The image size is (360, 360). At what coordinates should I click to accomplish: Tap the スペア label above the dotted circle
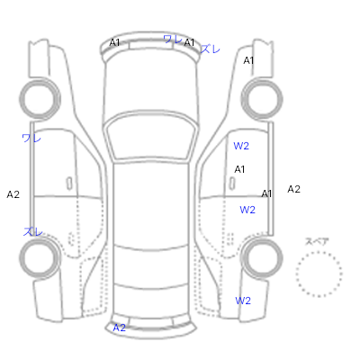pyautogui.click(x=317, y=241)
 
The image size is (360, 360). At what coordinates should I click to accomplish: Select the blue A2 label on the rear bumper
pyautogui.click(x=119, y=328)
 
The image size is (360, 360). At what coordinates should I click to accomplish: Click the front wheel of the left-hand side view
pyautogui.click(x=40, y=79)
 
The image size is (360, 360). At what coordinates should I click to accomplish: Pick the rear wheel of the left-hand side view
pyautogui.click(x=40, y=239)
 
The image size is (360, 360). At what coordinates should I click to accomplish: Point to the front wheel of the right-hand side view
pyautogui.click(x=262, y=79)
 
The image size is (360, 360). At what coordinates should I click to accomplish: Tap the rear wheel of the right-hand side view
pyautogui.click(x=262, y=239)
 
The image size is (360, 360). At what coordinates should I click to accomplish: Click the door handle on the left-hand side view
pyautogui.click(x=69, y=184)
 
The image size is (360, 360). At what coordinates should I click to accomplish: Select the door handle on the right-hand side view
pyautogui.click(x=232, y=184)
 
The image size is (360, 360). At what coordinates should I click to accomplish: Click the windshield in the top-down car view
pyautogui.click(x=151, y=120)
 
